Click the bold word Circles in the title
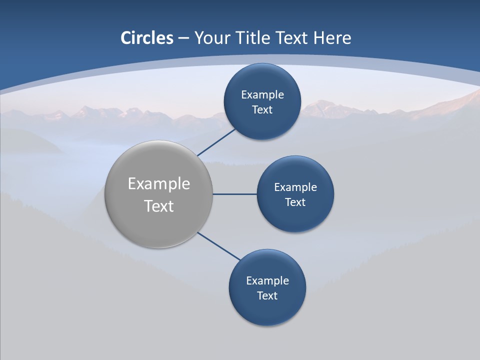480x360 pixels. point(147,38)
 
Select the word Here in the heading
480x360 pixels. point(332,38)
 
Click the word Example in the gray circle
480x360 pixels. point(159,184)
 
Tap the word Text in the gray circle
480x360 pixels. point(159,206)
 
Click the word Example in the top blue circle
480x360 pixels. point(262,95)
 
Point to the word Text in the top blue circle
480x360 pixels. point(262,110)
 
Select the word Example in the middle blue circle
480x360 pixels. point(295,187)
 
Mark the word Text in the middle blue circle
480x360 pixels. point(295,202)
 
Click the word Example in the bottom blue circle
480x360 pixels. point(267,281)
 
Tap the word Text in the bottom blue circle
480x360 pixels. point(267,296)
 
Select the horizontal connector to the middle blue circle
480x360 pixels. point(235,194)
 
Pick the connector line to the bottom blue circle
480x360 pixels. point(219,246)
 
